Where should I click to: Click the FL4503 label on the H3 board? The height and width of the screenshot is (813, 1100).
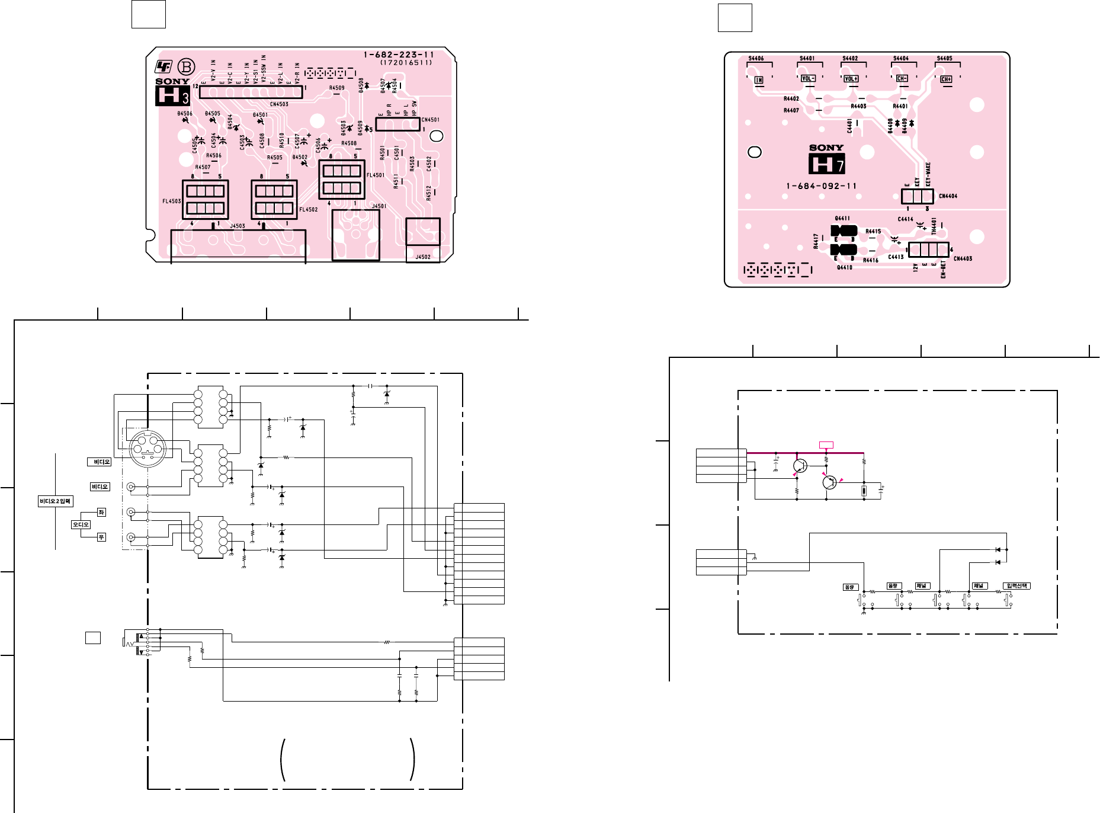point(172,201)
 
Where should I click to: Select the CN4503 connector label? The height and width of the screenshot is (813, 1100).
point(279,104)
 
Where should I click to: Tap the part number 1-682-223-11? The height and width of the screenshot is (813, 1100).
point(399,55)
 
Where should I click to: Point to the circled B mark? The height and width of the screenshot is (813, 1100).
point(187,66)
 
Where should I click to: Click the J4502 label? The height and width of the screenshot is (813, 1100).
point(422,257)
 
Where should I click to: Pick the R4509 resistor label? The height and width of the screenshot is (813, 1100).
point(336,88)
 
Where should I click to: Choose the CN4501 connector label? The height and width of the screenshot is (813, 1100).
point(430,120)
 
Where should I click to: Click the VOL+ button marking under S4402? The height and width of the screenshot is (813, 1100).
point(851,79)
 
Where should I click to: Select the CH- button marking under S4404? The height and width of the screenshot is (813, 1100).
point(902,79)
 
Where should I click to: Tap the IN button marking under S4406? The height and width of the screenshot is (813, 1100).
point(759,79)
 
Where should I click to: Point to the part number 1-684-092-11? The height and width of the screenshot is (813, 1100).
point(822,186)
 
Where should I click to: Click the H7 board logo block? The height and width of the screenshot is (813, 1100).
point(827,164)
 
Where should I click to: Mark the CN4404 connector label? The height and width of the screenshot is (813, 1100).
point(948,196)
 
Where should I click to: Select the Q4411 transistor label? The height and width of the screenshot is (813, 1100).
point(842,219)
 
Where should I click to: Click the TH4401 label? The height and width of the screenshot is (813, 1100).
point(934,225)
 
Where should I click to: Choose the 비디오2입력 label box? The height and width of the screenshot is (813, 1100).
point(55,501)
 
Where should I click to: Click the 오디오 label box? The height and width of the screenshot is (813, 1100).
point(81,524)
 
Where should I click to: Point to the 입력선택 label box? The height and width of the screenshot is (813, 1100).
point(1017,586)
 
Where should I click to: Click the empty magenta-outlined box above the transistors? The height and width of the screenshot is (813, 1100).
point(826,445)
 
